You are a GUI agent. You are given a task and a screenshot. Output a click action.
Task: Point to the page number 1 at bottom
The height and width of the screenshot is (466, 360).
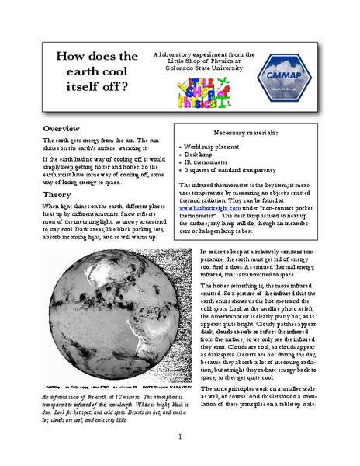[179, 437]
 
